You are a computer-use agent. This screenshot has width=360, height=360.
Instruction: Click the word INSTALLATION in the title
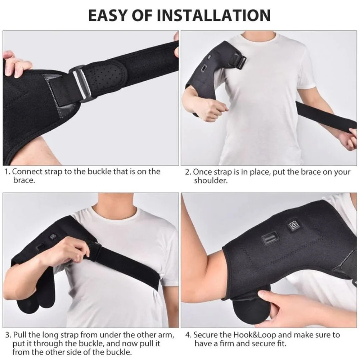click(x=214, y=15)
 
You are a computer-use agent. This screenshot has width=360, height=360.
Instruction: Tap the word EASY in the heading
click(x=107, y=15)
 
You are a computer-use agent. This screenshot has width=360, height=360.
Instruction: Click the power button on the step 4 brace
click(x=294, y=226)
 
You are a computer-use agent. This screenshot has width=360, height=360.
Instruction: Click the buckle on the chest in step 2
click(x=238, y=60)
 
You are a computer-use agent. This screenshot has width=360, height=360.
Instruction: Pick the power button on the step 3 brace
click(x=53, y=236)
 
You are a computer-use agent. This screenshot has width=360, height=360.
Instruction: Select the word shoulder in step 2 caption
click(x=211, y=181)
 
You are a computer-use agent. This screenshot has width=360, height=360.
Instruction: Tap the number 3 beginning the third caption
click(x=8, y=335)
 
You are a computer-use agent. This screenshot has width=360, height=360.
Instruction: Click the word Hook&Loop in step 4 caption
click(x=254, y=335)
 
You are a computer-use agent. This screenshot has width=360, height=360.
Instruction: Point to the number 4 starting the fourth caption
click(x=188, y=335)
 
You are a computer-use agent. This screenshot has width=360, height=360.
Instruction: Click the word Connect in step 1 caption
click(x=27, y=172)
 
